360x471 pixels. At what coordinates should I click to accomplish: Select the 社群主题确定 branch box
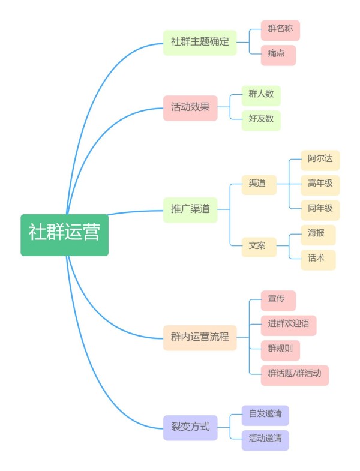pyautogui.click(x=200, y=43)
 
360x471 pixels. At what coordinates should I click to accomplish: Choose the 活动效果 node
pyautogui.click(x=190, y=108)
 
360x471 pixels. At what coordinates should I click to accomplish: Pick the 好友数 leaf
pyautogui.click(x=261, y=120)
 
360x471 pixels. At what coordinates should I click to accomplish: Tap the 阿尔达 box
pyautogui.click(x=320, y=160)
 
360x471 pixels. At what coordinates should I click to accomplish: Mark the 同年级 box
pyautogui.click(x=320, y=210)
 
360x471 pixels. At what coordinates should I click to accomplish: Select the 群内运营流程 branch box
pyautogui.click(x=200, y=338)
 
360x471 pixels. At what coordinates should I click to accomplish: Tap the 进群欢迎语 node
pyautogui.click(x=289, y=326)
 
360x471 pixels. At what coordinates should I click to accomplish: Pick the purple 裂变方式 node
pyautogui.click(x=190, y=428)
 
